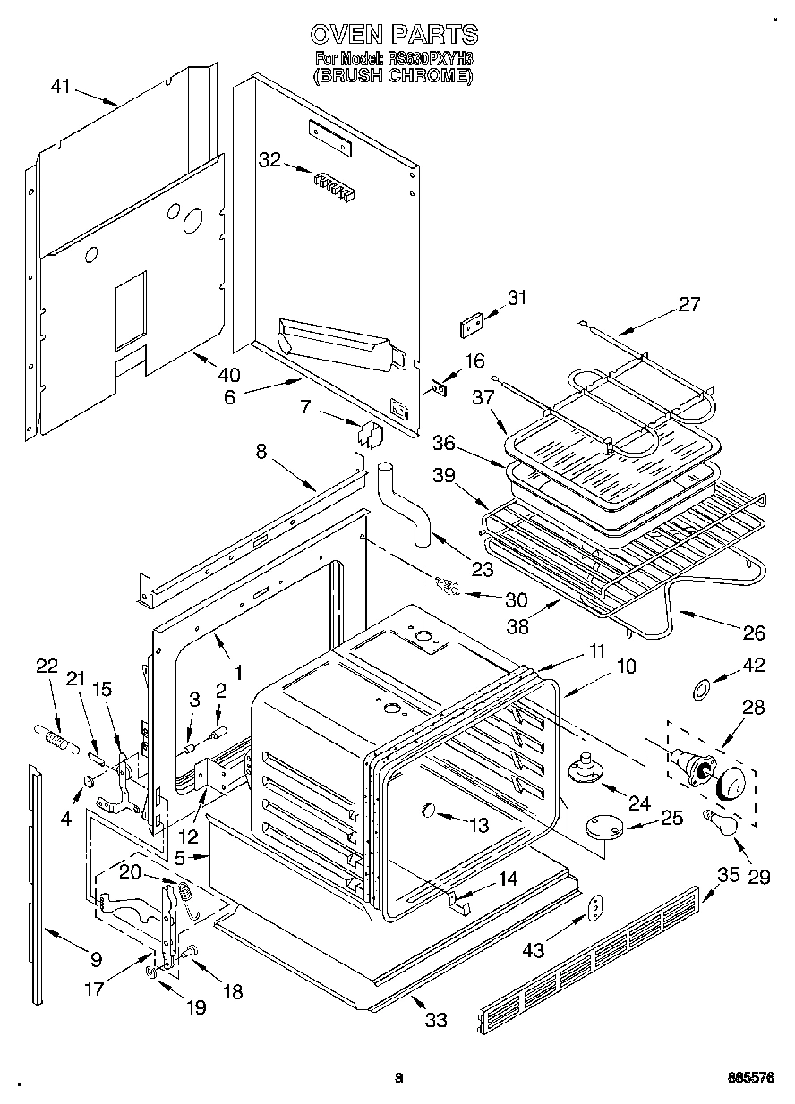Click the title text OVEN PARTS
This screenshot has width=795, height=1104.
pyautogui.click(x=394, y=35)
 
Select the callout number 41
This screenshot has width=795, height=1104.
pyautogui.click(x=60, y=87)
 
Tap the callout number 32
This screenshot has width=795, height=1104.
pyautogui.click(x=269, y=160)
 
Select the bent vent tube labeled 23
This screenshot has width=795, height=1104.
pyautogui.click(x=407, y=506)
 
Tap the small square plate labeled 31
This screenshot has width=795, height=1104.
pyautogui.click(x=472, y=323)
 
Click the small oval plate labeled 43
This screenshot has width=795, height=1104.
pyautogui.click(x=591, y=909)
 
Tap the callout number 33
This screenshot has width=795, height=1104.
pyautogui.click(x=435, y=1018)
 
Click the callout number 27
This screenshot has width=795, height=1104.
pyautogui.click(x=688, y=304)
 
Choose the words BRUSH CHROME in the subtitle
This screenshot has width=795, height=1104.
pyautogui.click(x=393, y=76)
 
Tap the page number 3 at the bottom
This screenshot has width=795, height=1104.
pyautogui.click(x=400, y=1078)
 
